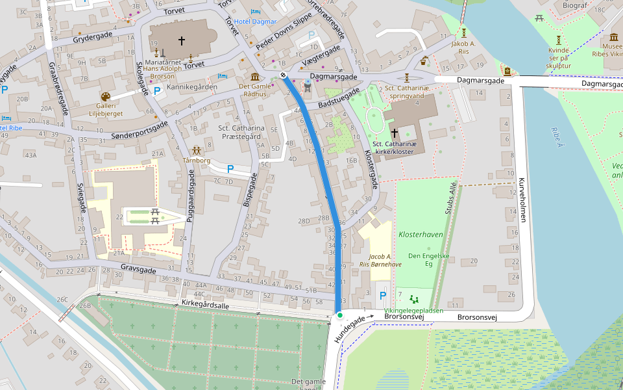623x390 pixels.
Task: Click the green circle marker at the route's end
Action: coord(339,315)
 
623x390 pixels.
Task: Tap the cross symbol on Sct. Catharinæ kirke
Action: coord(394,132)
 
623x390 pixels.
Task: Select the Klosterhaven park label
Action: coord(420,233)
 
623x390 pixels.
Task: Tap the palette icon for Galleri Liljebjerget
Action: coord(106,96)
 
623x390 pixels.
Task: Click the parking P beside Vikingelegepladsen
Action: coord(382,296)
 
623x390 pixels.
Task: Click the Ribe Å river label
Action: coord(556,136)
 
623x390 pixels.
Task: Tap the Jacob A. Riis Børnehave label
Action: coord(380,261)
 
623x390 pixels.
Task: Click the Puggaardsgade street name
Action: coord(190,197)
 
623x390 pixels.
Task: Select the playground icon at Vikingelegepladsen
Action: coord(414,299)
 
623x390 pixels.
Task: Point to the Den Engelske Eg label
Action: coord(428,260)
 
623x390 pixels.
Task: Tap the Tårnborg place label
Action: coord(197,160)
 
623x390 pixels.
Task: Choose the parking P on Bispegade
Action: coord(230,169)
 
